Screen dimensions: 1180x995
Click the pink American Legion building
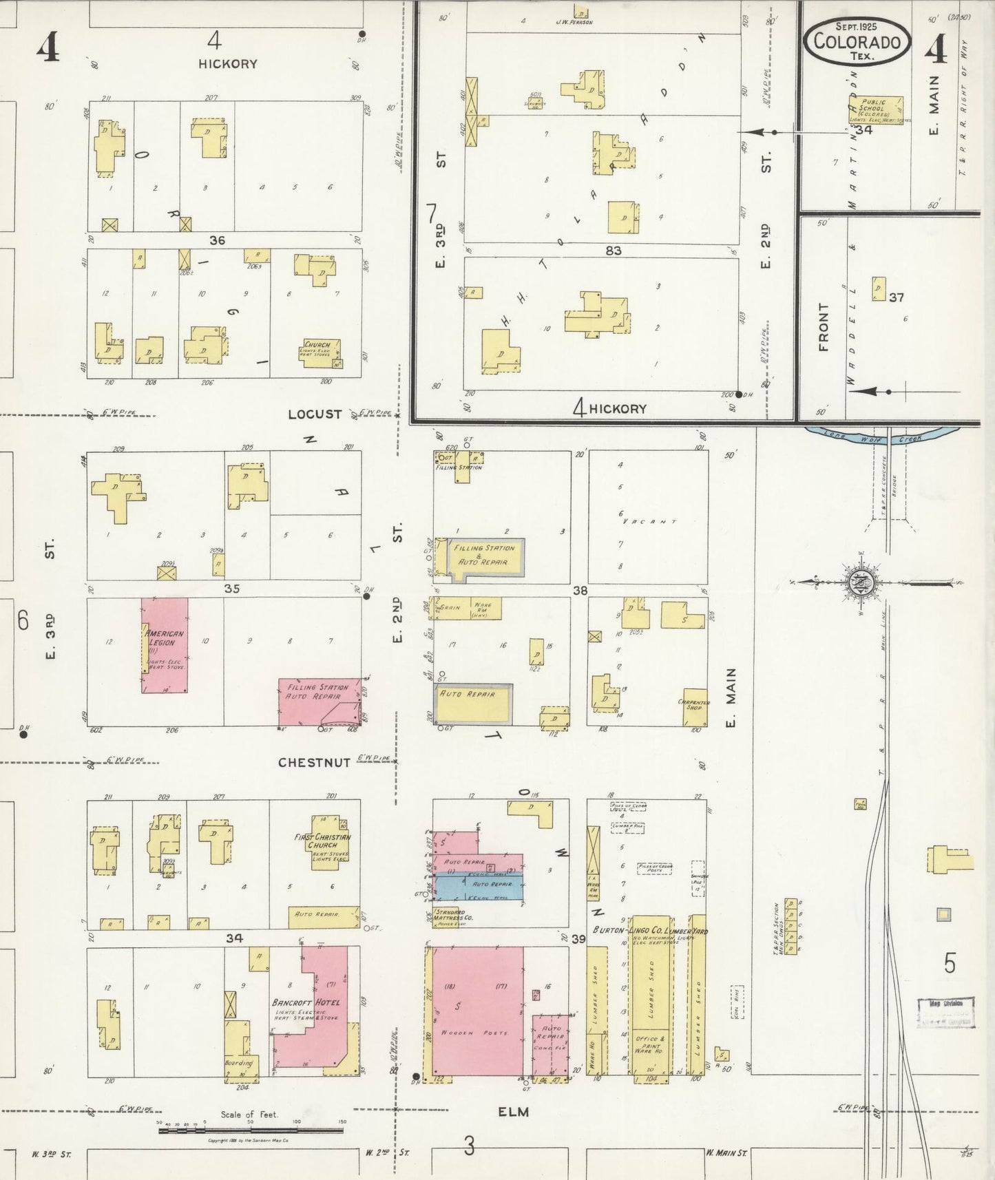point(165,645)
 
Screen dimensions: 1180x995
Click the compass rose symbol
point(859,582)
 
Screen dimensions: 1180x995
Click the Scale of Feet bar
point(251,1128)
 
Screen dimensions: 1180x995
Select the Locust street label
point(315,414)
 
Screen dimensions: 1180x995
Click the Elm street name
point(514,1111)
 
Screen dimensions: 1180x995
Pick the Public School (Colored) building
point(875,110)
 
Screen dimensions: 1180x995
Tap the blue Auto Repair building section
point(479,887)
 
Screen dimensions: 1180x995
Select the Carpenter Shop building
point(695,707)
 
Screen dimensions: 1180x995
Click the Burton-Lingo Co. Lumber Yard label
point(651,931)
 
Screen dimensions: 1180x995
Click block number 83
point(613,251)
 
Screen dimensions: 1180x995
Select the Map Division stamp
point(945,1012)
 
